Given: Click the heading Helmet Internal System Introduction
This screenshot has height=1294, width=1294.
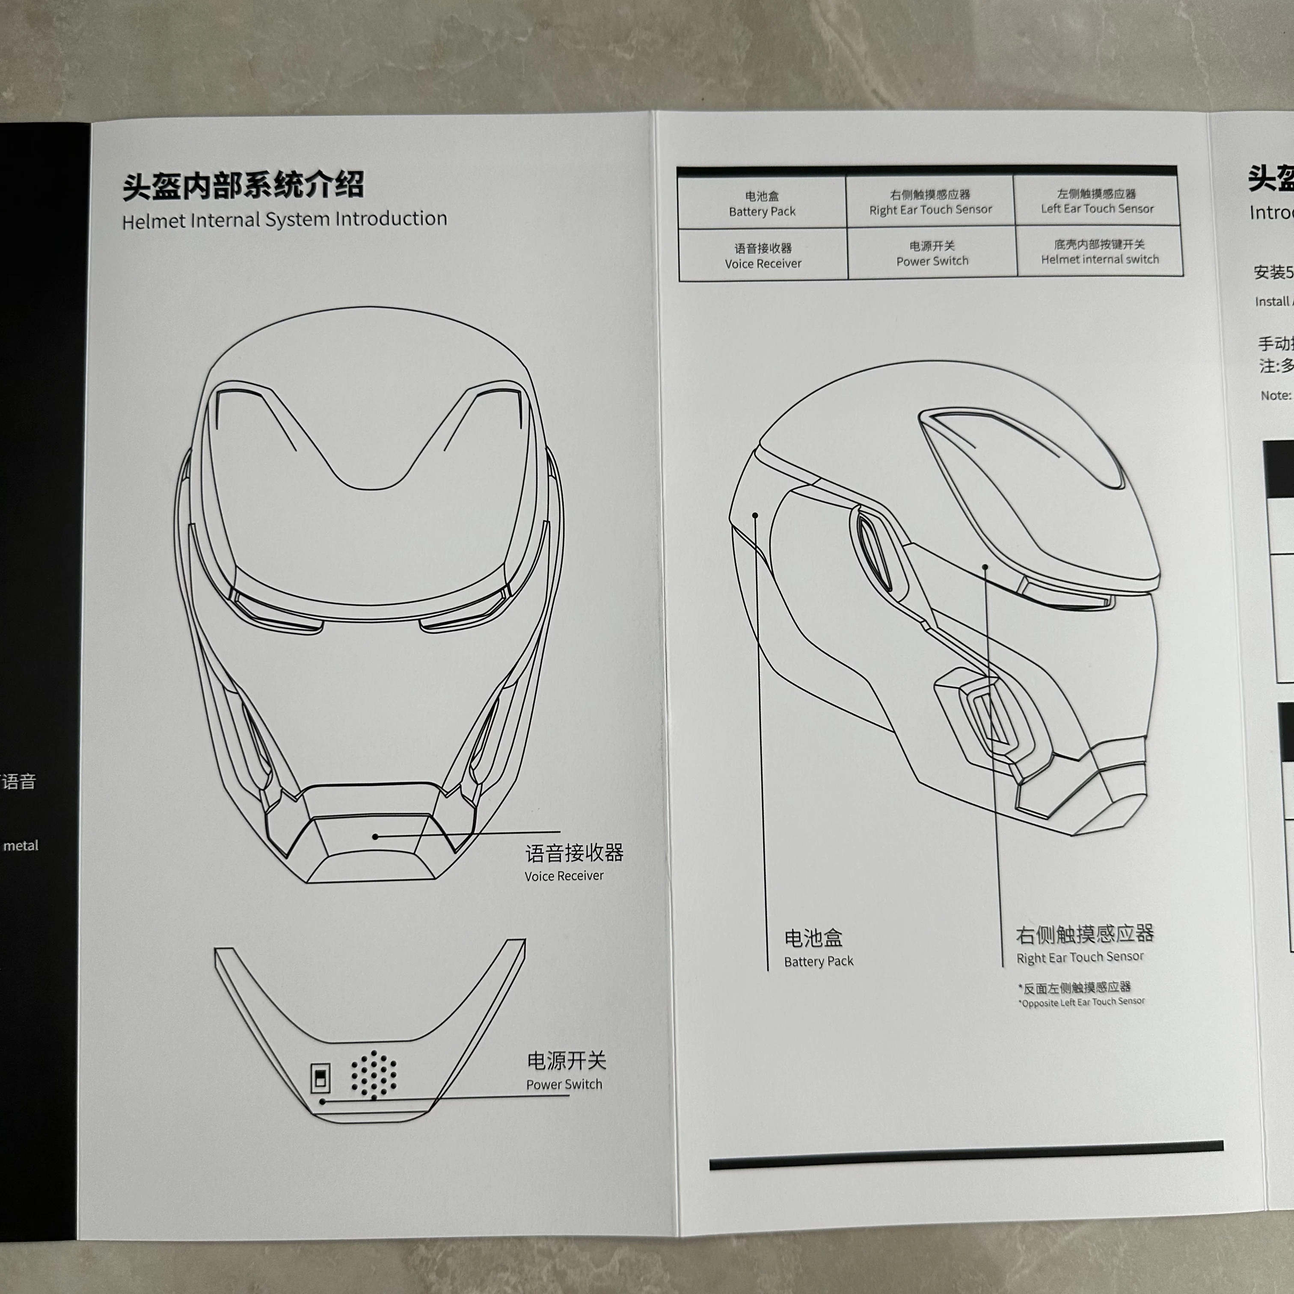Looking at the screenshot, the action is point(284,220).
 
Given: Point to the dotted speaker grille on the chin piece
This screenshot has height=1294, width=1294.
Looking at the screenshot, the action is point(374,1074).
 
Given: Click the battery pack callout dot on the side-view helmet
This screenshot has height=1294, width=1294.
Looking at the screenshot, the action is point(755,515).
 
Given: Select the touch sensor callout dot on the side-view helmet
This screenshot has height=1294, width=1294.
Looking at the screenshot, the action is point(985,567).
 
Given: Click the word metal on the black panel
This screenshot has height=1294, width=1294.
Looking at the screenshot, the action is point(21,846).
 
